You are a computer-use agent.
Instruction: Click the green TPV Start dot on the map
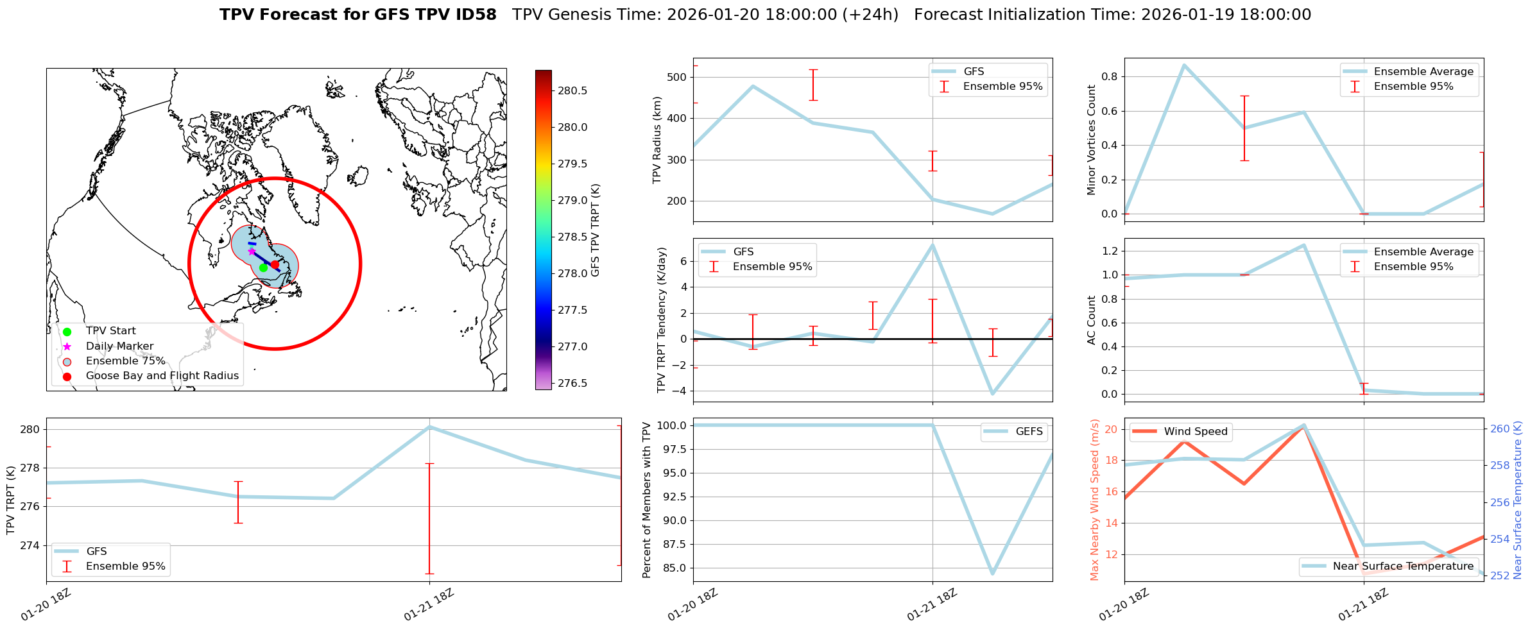(x=263, y=268)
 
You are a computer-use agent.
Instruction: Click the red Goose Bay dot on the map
(x=275, y=264)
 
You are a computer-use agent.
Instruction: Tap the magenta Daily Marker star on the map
(x=252, y=251)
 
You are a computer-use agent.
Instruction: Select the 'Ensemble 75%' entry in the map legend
(x=125, y=361)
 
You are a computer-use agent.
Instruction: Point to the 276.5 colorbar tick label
(x=572, y=384)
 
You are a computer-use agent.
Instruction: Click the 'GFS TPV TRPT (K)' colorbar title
(x=596, y=230)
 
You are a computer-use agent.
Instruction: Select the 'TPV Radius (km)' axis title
(x=657, y=140)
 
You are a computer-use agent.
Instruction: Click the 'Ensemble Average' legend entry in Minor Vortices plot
(x=1423, y=72)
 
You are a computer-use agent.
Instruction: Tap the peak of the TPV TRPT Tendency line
(x=933, y=244)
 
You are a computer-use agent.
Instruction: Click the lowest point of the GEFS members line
(x=992, y=574)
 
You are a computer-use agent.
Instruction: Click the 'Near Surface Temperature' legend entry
(x=1402, y=566)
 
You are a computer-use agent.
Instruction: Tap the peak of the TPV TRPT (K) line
(x=429, y=427)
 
